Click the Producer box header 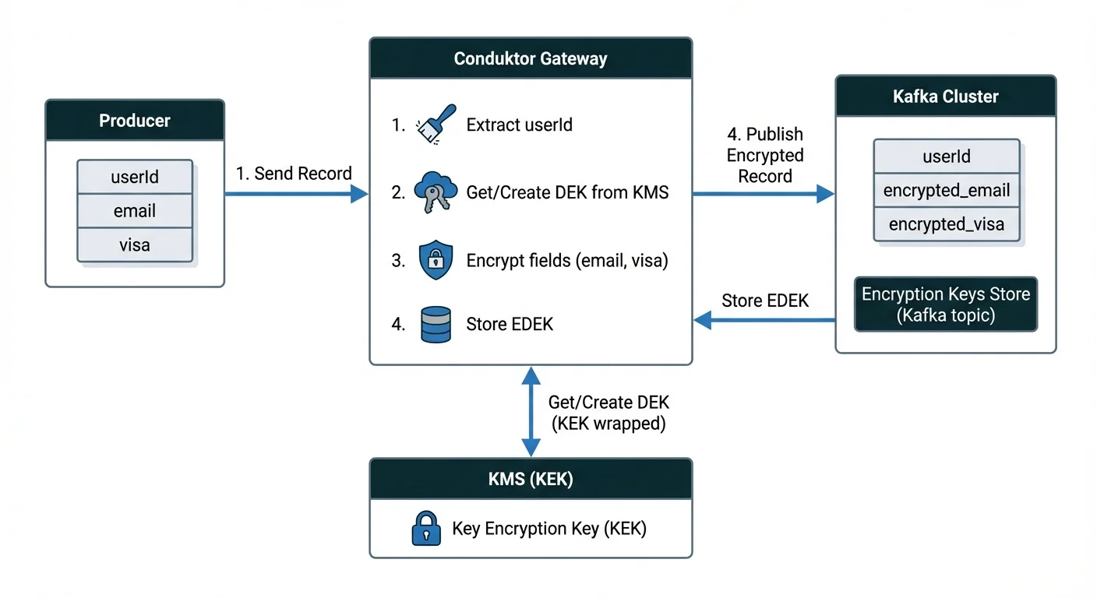[x=135, y=121]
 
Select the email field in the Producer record [x=135, y=211]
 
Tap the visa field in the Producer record [x=135, y=245]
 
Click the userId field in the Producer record [x=135, y=177]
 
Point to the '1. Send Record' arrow [x=296, y=194]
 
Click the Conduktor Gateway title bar [x=531, y=59]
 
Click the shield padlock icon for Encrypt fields [x=436, y=260]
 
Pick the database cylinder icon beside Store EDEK [x=436, y=325]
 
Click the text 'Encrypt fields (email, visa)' [x=567, y=261]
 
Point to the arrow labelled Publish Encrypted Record [x=764, y=195]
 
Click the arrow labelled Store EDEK [x=764, y=319]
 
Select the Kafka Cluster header [x=946, y=97]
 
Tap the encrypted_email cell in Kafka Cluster [x=947, y=191]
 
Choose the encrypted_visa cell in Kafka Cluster [x=947, y=225]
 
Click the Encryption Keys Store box [x=946, y=304]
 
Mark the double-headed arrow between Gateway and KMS [x=531, y=412]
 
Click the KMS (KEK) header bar [x=531, y=479]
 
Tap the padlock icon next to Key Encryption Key [x=425, y=529]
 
